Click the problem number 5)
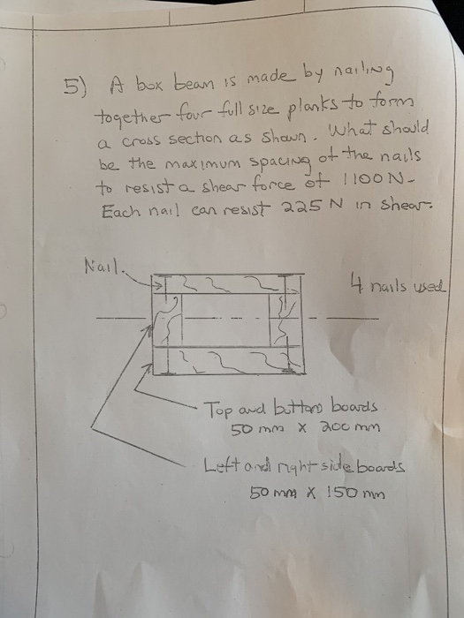click(x=74, y=86)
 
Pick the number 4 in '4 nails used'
click(x=356, y=283)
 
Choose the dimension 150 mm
click(x=356, y=493)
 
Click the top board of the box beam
click(x=228, y=283)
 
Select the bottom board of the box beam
click(x=228, y=360)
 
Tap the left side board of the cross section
click(x=167, y=320)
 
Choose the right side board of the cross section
click(x=285, y=320)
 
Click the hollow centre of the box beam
click(x=225, y=320)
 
